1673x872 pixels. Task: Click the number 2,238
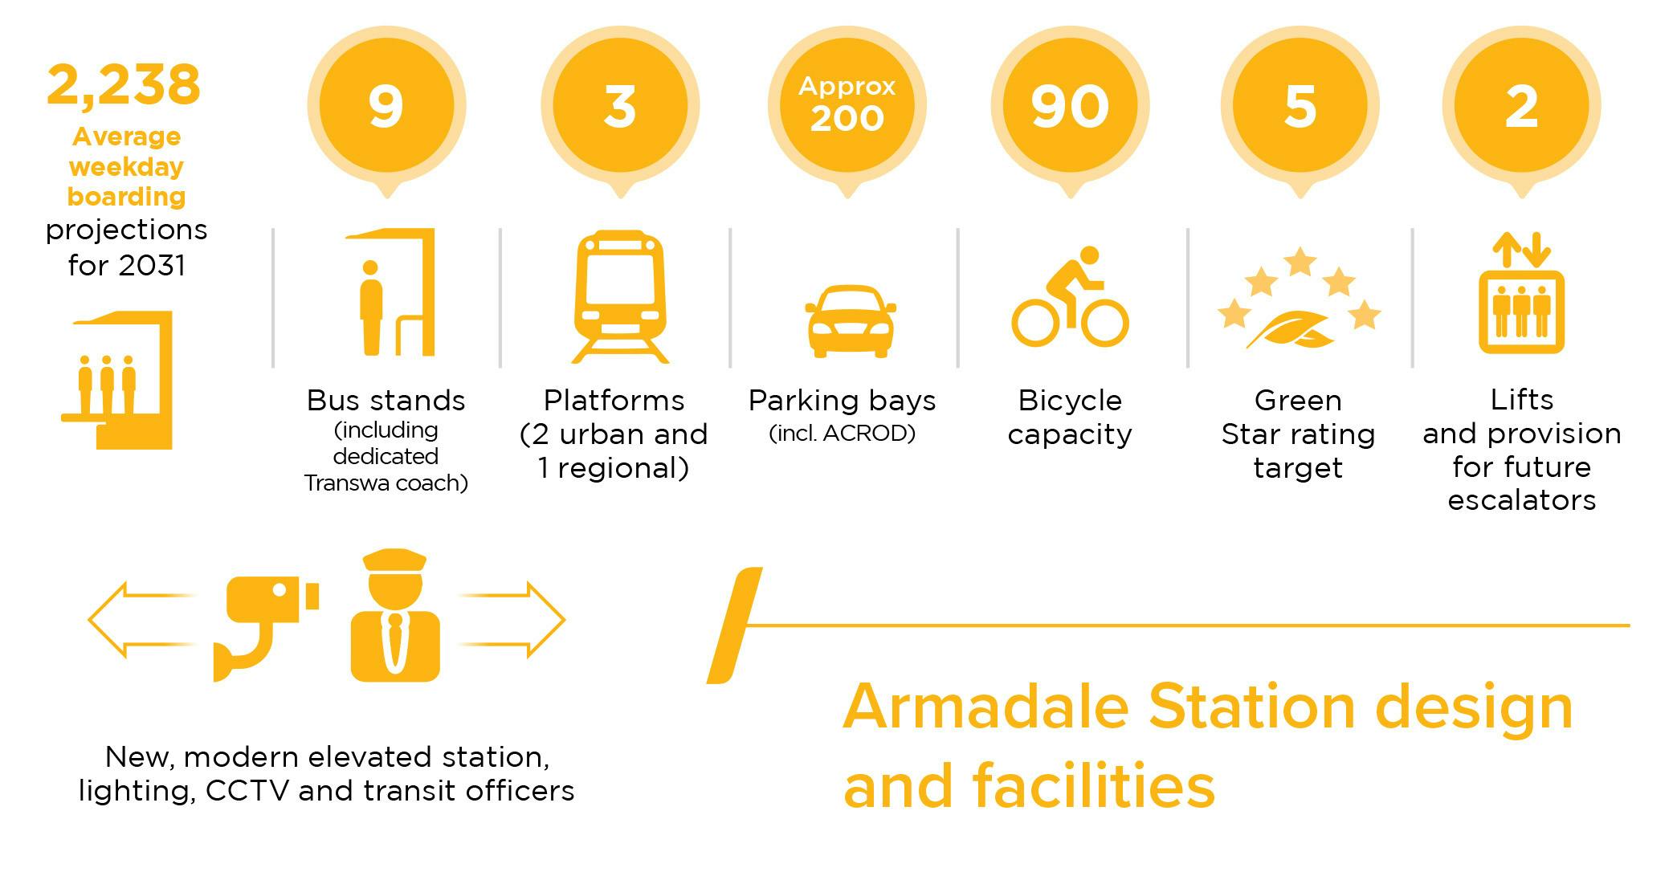[124, 85]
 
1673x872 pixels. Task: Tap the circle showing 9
[386, 105]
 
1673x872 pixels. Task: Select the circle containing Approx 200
[847, 105]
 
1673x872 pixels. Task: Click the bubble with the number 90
[1070, 105]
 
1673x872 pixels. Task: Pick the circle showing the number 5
[1300, 105]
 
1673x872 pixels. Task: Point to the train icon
[620, 295]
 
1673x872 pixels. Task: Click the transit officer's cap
[394, 560]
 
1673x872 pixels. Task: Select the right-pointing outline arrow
[514, 620]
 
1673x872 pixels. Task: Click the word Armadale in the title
[986, 707]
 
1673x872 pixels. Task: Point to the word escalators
[1521, 500]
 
